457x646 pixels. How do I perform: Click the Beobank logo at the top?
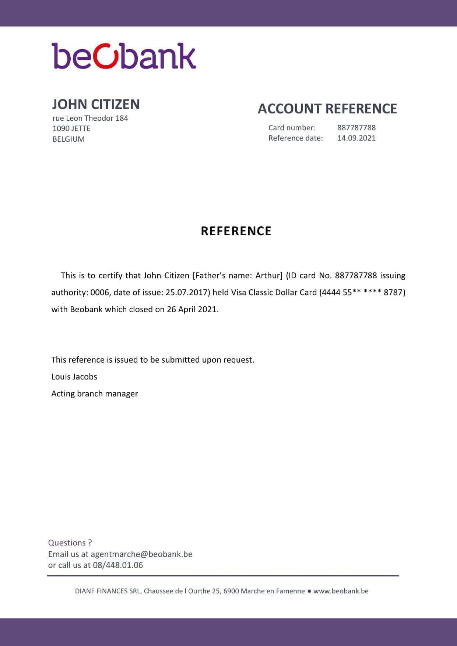point(124,56)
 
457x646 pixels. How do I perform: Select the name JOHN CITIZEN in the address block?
point(96,105)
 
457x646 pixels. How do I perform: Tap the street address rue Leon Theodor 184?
point(90,118)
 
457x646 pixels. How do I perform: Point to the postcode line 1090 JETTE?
point(71,128)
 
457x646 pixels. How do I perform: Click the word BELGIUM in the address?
point(68,139)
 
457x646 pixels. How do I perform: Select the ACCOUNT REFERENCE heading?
point(327,109)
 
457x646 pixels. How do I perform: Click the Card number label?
point(292,128)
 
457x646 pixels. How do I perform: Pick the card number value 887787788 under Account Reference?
point(356,128)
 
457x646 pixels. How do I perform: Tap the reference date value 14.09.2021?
point(356,138)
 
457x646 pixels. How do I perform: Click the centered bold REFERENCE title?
point(236,231)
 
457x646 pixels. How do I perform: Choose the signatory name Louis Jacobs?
point(74,377)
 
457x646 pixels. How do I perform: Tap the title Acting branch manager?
point(95,394)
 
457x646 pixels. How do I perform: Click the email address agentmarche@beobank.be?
point(141,554)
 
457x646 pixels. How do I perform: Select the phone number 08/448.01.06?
point(118,565)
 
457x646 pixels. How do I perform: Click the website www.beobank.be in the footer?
point(341,591)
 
